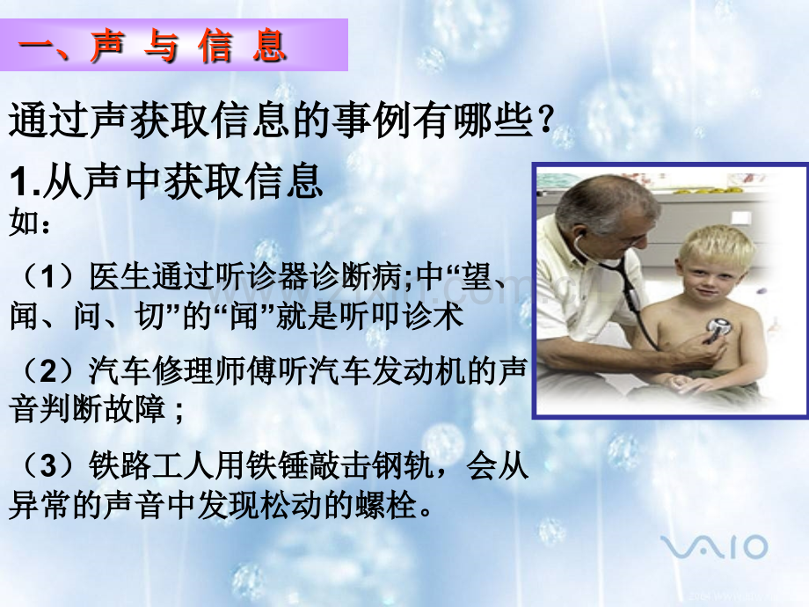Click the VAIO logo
pos(714,546)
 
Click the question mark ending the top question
pos(543,120)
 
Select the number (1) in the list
pos(47,276)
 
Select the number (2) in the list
pos(47,370)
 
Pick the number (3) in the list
pos(47,465)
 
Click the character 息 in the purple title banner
pos(269,46)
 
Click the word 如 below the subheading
pos(23,223)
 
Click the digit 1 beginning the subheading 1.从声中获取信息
pos(18,183)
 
